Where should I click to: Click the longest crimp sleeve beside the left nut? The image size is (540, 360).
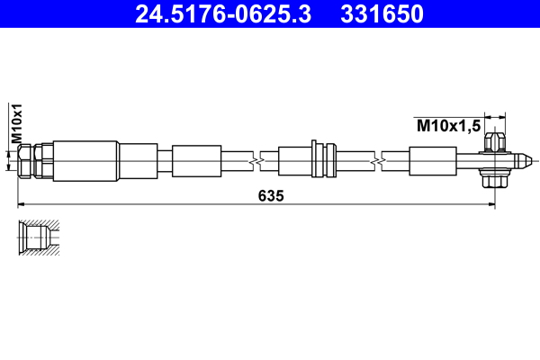click(x=85, y=161)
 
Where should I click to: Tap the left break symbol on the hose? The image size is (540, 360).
click(x=258, y=161)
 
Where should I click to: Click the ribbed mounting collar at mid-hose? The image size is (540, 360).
click(x=316, y=160)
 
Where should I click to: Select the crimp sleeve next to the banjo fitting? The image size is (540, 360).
click(x=434, y=161)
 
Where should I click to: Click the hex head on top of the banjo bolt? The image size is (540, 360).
click(x=492, y=142)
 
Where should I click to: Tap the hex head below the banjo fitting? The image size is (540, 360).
click(x=492, y=181)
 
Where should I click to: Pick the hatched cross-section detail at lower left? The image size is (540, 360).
click(x=38, y=238)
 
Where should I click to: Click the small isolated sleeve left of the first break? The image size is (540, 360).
click(x=195, y=161)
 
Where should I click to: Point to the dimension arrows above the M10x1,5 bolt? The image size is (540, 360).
click(x=491, y=116)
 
